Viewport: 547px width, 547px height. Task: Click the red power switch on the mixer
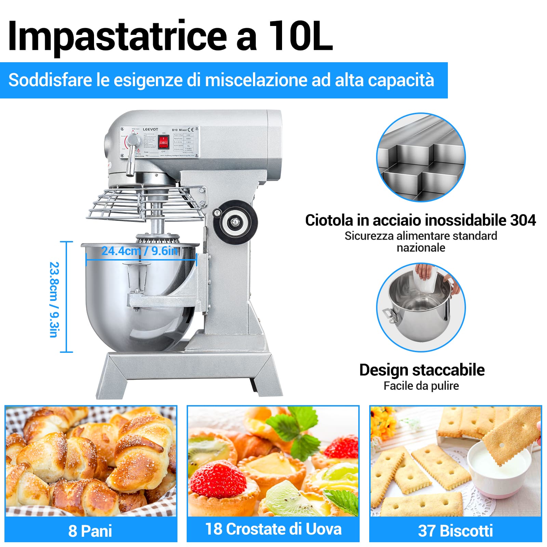coord(163,141)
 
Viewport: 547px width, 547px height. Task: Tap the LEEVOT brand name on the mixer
coord(150,129)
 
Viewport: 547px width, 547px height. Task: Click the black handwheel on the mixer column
coord(235,223)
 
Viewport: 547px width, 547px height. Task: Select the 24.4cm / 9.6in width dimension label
coord(140,251)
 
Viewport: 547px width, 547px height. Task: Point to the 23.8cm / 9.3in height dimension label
coord(54,299)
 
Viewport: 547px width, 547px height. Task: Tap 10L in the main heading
coord(301,36)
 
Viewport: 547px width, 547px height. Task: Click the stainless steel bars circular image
coord(421,157)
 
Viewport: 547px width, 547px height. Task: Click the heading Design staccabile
coord(422,370)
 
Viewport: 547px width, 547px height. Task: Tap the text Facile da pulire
coord(421,386)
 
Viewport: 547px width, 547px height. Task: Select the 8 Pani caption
coord(90,531)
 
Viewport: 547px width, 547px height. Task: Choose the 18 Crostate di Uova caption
coord(273,529)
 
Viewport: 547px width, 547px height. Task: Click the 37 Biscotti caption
coord(455,531)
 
